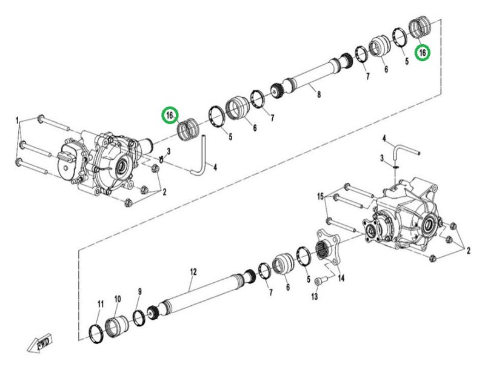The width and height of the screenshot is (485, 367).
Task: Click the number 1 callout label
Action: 18,120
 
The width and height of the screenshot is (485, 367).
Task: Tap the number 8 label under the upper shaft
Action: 319,94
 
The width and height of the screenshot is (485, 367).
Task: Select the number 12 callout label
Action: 193,272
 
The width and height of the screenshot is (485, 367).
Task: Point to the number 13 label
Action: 314,297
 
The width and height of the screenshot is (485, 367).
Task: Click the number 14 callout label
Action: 341,278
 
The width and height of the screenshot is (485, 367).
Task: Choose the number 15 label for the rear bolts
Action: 321,196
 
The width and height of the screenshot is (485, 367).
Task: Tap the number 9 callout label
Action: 140,291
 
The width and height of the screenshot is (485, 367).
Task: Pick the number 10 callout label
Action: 118,299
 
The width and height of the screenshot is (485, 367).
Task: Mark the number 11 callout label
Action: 101,304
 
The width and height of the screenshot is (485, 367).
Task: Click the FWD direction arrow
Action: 39,342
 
